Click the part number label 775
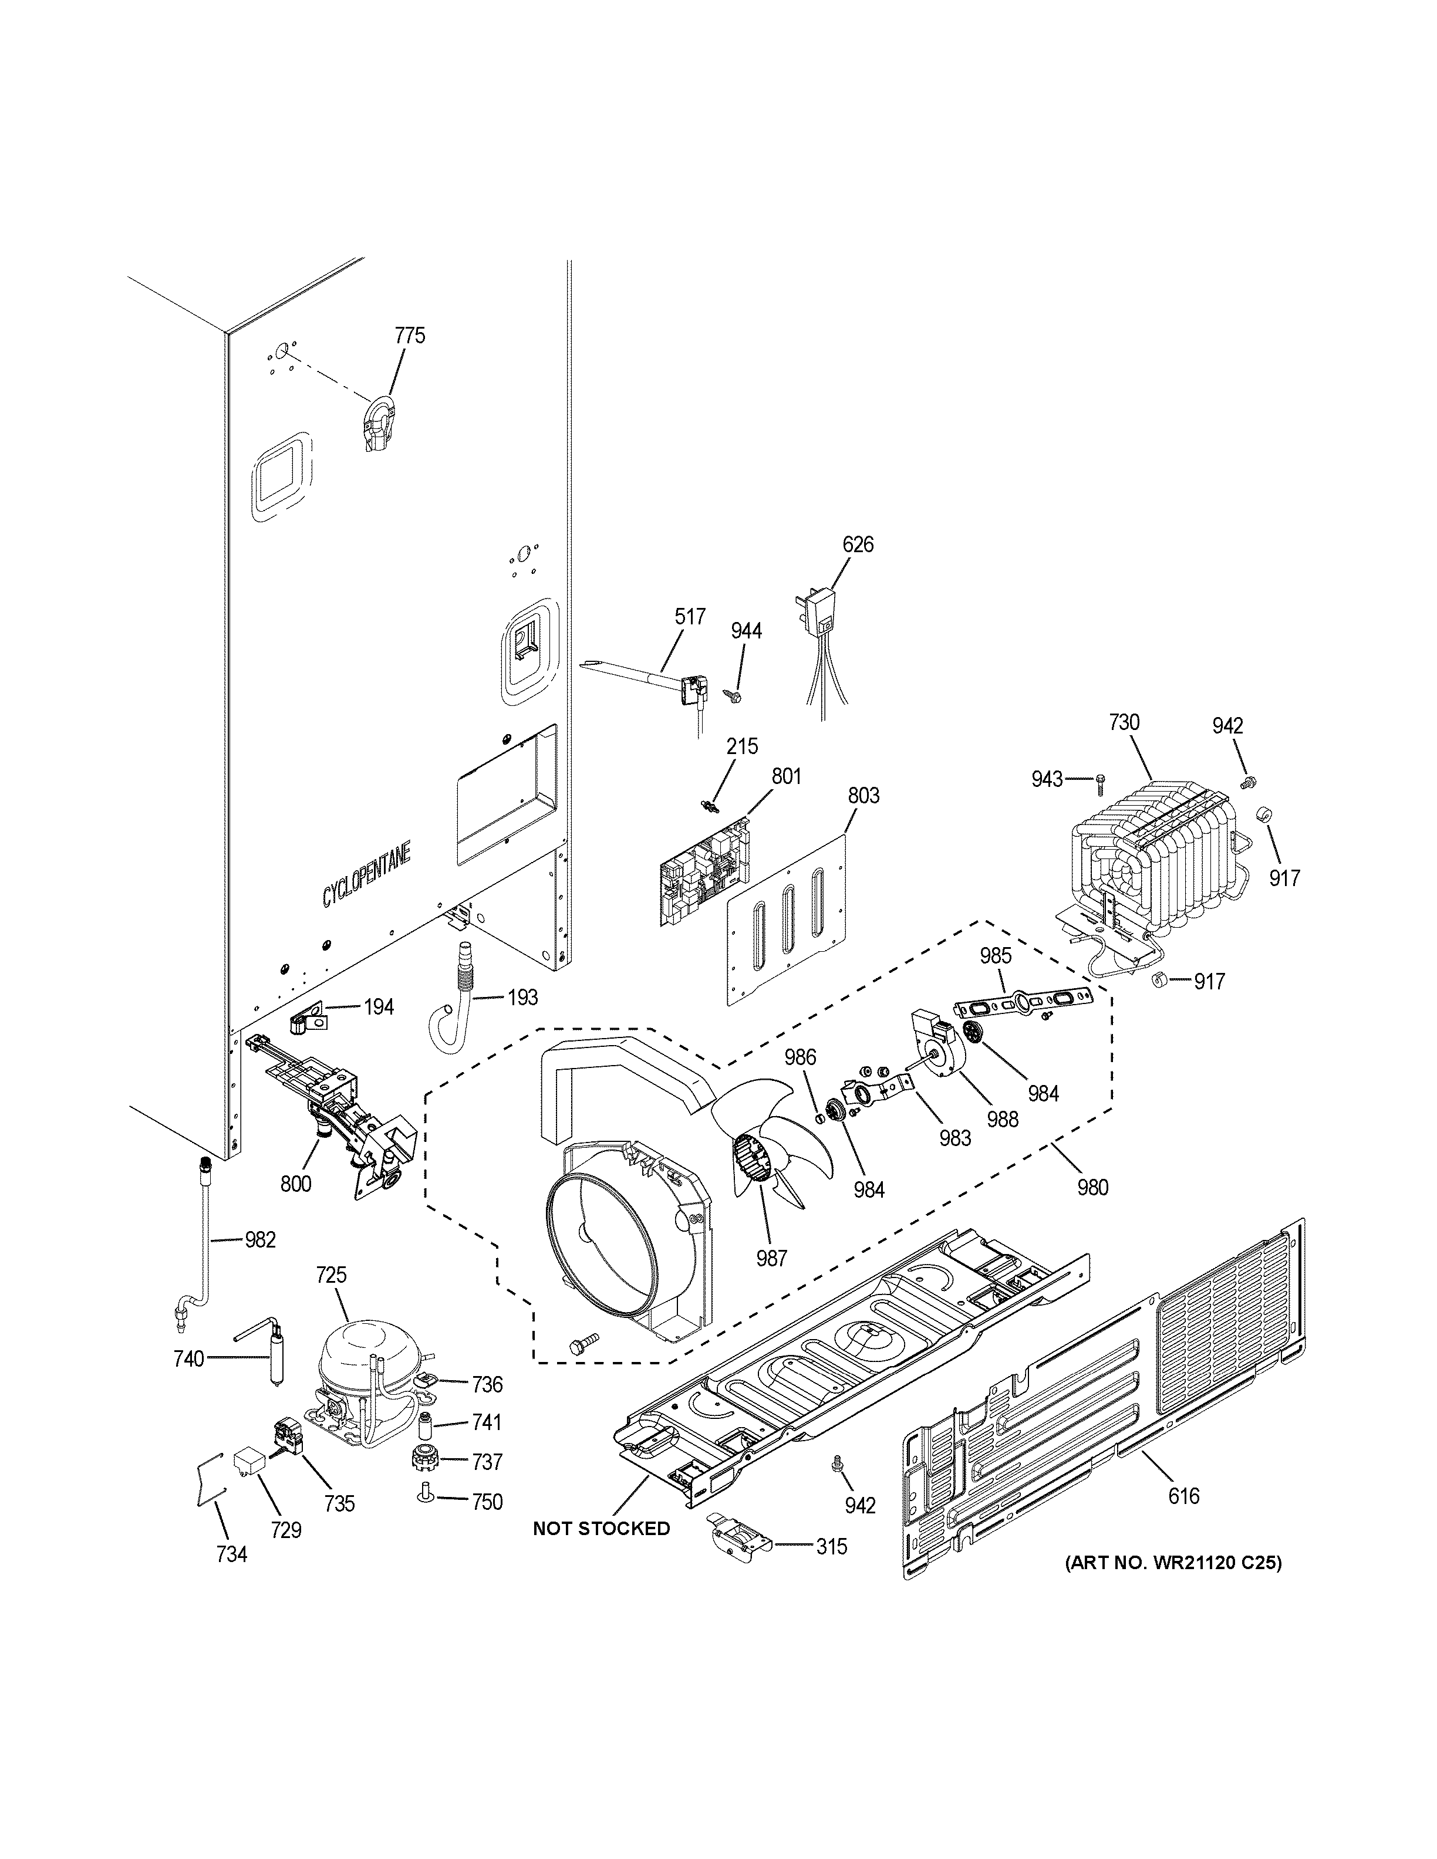(x=410, y=336)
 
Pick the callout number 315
(x=831, y=1547)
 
